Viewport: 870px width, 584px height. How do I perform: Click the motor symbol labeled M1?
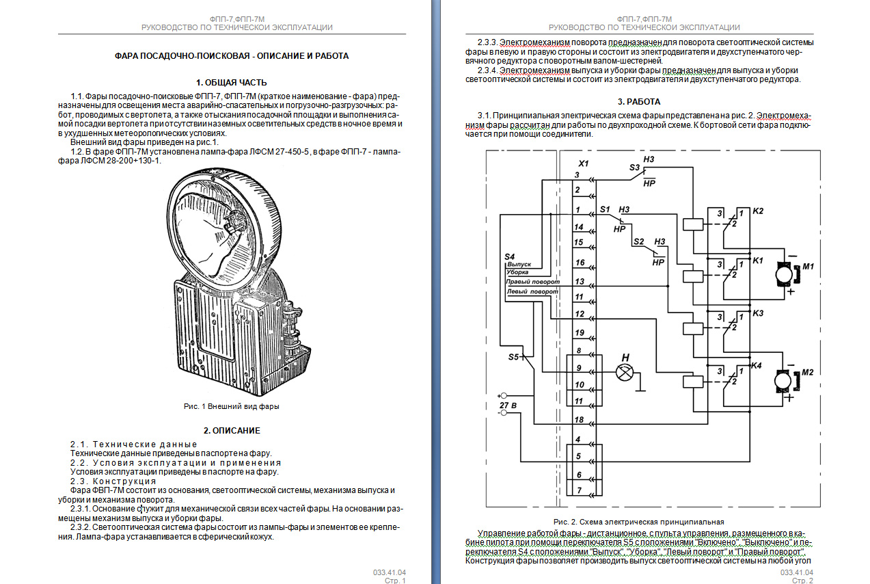[x=785, y=274]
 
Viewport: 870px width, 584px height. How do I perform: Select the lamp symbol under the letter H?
[x=625, y=373]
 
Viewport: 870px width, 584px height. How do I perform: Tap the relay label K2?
[x=758, y=211]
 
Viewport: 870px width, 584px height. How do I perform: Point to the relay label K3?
[x=758, y=313]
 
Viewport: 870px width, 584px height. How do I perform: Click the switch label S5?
[x=513, y=357]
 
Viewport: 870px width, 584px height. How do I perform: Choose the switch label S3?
[x=634, y=168]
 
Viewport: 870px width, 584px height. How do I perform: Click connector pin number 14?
[x=579, y=227]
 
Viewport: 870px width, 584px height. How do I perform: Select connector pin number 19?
[x=580, y=332]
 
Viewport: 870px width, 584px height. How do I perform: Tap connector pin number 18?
[x=579, y=420]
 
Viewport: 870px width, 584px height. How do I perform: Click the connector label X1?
[x=584, y=163]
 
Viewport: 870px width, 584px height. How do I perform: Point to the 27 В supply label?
[x=508, y=406]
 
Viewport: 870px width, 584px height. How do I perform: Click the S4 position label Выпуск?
[x=519, y=264]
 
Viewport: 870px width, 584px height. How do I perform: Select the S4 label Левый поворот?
[x=532, y=291]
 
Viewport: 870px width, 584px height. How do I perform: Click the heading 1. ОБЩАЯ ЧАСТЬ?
[x=232, y=83]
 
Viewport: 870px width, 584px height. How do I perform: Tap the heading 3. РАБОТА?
[x=639, y=102]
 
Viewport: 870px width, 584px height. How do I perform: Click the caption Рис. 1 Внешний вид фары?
[x=232, y=406]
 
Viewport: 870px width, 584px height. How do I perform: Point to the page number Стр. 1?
[x=395, y=581]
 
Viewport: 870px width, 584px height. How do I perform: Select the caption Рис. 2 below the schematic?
[x=638, y=522]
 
